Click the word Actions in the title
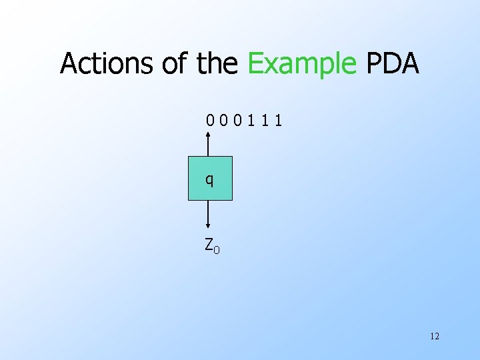click(107, 64)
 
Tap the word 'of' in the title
click(175, 64)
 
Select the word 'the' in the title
click(217, 64)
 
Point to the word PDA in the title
click(393, 64)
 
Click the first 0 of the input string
click(210, 121)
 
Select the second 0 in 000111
click(223, 121)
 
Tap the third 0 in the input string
click(237, 121)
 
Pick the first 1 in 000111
click(251, 121)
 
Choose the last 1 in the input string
click(277, 121)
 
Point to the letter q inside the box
click(210, 179)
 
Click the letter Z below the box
click(209, 244)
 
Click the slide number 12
click(435, 336)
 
